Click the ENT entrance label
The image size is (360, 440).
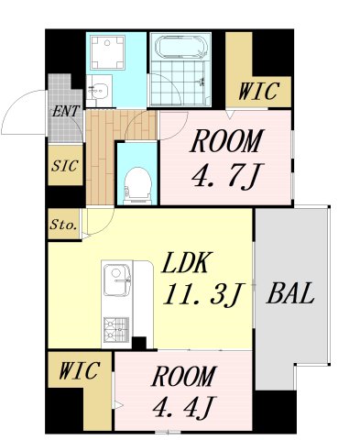click(66, 111)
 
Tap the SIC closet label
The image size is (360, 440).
click(65, 166)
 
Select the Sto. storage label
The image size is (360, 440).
click(63, 225)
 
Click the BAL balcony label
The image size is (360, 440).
click(290, 293)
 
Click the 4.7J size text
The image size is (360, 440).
click(227, 177)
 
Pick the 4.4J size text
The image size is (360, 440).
click(184, 407)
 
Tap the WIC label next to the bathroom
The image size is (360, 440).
click(258, 91)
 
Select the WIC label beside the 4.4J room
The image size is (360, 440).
click(79, 370)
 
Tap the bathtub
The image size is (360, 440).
click(180, 47)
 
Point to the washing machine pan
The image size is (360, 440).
click(107, 52)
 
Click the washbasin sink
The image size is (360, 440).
click(98, 91)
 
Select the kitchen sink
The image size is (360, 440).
click(116, 280)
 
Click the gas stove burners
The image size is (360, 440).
click(115, 330)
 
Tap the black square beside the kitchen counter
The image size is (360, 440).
click(139, 343)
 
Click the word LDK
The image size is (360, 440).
click(186, 263)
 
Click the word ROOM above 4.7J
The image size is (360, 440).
click(226, 141)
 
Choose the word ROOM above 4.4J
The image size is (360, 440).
click(183, 377)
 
